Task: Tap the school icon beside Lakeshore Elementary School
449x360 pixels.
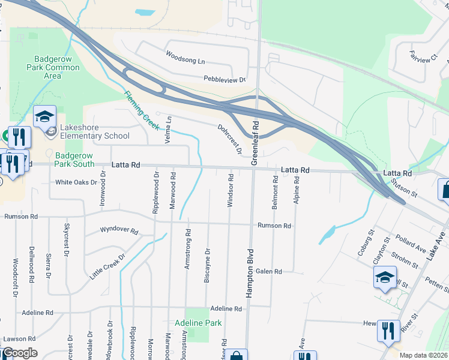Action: (x=44, y=116)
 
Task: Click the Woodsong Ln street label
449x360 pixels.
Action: (x=185, y=61)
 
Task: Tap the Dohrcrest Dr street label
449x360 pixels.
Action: (x=230, y=139)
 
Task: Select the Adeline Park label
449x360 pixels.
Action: (x=198, y=323)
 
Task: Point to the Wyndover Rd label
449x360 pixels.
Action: (x=119, y=230)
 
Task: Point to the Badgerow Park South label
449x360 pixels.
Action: (x=75, y=159)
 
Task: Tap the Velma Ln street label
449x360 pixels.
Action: (x=169, y=130)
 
